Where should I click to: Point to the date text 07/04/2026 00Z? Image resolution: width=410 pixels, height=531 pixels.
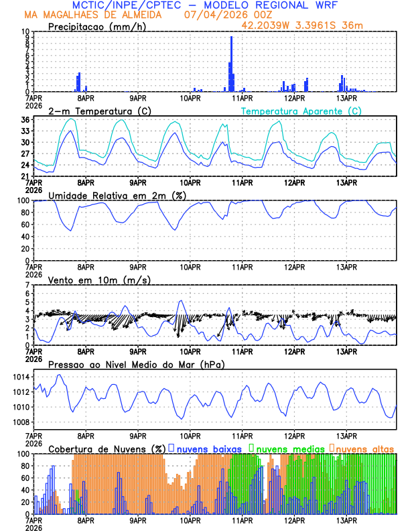(x=220, y=15)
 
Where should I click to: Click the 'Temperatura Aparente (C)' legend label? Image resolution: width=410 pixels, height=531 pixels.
(x=301, y=111)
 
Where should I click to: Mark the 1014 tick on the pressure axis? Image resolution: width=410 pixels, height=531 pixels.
(x=20, y=377)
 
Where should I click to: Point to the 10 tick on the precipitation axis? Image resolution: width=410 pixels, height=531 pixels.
(x=25, y=32)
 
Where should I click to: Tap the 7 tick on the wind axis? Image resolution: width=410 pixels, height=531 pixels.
(x=27, y=285)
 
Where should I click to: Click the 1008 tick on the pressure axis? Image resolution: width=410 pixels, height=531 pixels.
(x=20, y=422)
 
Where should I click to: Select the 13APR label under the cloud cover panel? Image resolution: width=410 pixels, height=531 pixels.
(x=346, y=520)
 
